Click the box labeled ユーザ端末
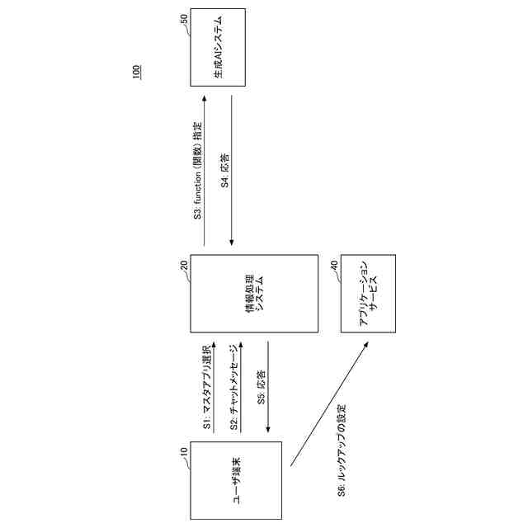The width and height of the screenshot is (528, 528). tap(236, 480)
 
